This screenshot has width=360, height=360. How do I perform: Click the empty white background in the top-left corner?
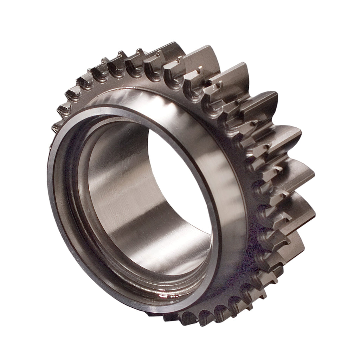(x=21, y=21)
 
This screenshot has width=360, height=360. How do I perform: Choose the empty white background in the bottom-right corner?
(x=337, y=337)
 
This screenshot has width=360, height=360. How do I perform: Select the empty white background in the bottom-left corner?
(x=21, y=337)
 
